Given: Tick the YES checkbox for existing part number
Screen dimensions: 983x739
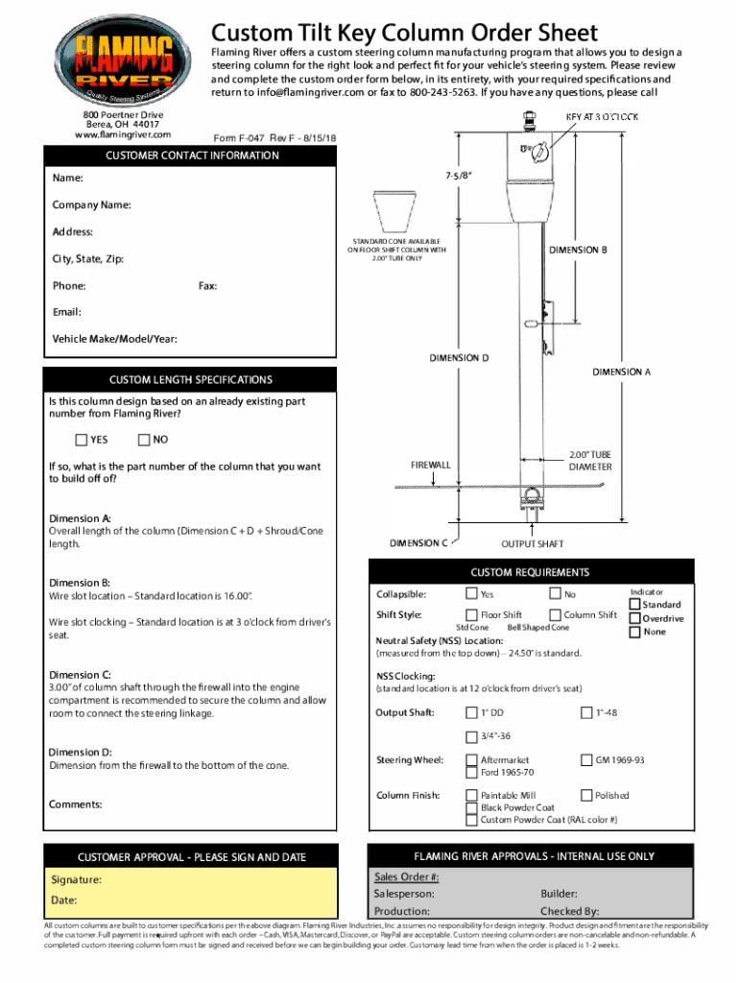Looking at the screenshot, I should tap(82, 441).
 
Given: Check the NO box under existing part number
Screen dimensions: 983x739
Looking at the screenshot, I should tap(144, 441).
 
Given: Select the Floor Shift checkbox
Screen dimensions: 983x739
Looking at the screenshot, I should tap(471, 615).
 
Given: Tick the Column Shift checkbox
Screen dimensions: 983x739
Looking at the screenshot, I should tap(555, 615).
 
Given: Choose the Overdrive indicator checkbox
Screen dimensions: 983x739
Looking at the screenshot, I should tap(634, 618).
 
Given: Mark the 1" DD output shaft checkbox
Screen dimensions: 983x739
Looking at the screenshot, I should tap(471, 712).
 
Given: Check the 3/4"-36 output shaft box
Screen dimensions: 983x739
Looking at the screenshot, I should tap(471, 736).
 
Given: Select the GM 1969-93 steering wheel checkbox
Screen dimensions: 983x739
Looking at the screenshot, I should tap(586, 760).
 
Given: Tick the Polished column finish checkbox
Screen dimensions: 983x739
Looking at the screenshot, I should tap(586, 795).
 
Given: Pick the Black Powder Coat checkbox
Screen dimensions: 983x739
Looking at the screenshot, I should tap(471, 807).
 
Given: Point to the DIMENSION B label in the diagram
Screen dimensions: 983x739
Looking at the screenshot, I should tap(578, 250).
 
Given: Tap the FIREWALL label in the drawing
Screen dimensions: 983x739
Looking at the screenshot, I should tap(431, 465).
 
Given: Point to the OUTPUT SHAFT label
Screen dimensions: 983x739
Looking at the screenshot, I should tap(533, 543).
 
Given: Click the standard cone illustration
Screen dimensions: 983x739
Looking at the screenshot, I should tap(392, 211).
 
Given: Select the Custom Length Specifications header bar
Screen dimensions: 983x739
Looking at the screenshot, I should tap(190, 380).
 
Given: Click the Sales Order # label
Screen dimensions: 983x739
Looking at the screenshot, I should tap(406, 877).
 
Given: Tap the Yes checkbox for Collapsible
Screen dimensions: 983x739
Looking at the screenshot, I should tap(471, 594).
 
